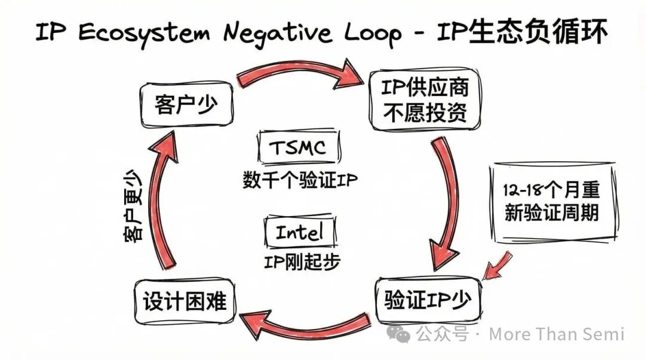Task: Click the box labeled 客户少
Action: [x=186, y=106]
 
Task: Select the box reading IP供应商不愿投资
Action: [x=425, y=100]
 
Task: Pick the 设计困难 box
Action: [x=185, y=300]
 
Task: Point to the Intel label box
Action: [x=299, y=232]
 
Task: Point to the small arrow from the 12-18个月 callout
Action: [x=497, y=266]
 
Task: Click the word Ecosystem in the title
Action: [x=143, y=34]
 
